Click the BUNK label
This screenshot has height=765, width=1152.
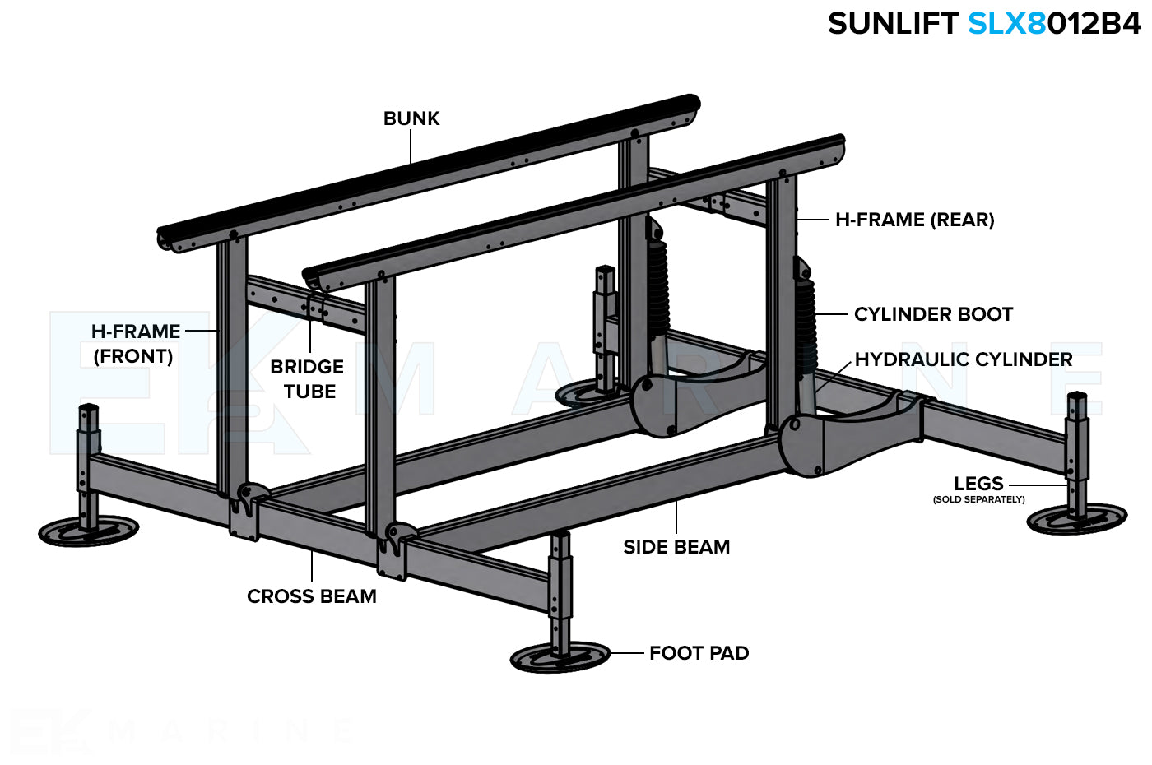411,118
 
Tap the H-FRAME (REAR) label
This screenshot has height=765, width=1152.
914,220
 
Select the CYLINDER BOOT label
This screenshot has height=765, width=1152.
933,314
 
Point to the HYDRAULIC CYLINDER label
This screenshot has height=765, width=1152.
963,359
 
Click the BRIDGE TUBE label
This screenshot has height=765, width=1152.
308,379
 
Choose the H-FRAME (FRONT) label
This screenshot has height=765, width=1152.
135,344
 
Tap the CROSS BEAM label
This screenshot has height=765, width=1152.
312,596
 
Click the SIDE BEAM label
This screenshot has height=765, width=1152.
676,547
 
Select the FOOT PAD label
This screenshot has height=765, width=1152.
699,653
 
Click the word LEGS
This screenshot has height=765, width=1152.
978,484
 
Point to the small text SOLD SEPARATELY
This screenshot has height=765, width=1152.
978,499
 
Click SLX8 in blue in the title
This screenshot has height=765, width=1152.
1006,24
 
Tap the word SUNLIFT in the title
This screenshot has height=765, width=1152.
893,24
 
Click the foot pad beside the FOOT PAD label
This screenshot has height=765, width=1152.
560,657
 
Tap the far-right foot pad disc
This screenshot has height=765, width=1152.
1076,519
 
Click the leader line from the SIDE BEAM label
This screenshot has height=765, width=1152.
676,517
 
